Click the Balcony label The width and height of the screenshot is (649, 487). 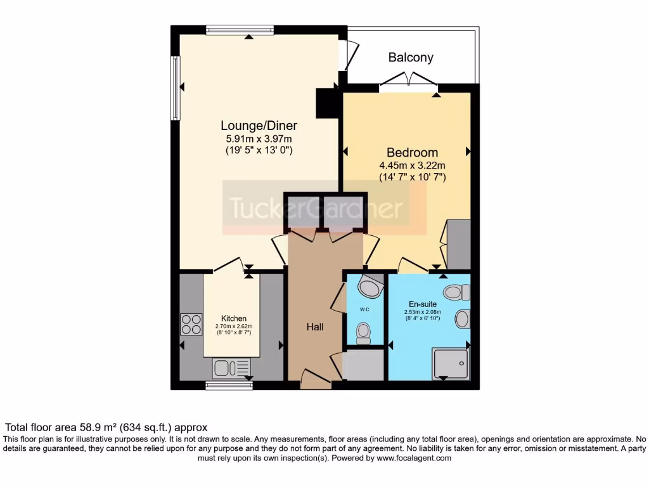tap(411, 58)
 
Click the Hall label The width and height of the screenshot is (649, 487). tap(315, 327)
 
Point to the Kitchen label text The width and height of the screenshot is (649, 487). tap(233, 318)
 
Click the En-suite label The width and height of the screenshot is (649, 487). tap(421, 304)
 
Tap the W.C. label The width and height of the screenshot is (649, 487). tap(364, 310)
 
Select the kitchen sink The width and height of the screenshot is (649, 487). tap(232, 367)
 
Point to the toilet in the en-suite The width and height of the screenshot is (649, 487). tap(456, 292)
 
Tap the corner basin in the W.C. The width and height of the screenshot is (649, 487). tap(370, 287)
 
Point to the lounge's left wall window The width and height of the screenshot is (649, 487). tap(174, 88)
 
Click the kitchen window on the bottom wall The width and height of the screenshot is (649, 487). tap(224, 384)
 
